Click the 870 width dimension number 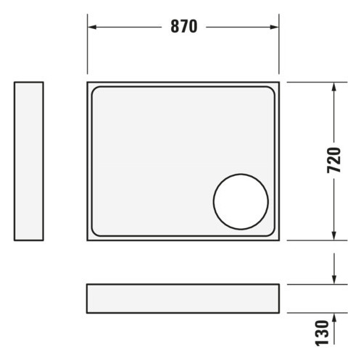(184, 27)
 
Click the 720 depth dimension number (334, 160)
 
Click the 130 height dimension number (334, 332)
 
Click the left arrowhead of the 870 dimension (92, 27)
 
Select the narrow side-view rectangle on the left (29, 161)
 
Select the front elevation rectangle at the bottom (182, 298)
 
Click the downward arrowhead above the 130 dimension (334, 280)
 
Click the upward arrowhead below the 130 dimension (334, 317)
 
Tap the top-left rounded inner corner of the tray (97, 92)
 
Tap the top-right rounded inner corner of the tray (270, 92)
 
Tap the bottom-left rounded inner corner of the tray (97, 232)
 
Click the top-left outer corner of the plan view (88, 83)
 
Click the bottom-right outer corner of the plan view (278, 240)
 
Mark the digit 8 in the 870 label (175, 27)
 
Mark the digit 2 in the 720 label (334, 160)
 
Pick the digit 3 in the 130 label (334, 332)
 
